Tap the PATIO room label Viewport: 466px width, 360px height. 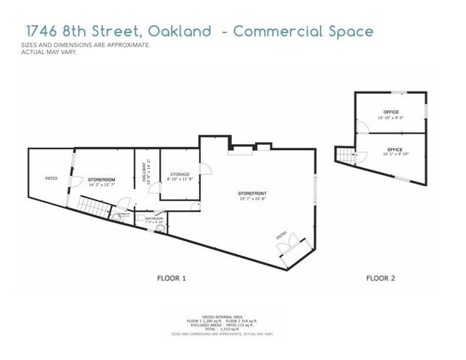point(52,178)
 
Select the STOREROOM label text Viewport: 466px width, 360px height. point(101,181)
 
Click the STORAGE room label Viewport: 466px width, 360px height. point(179,174)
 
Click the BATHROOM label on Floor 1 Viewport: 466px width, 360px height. point(143,218)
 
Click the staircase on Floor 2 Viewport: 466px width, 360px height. point(344,156)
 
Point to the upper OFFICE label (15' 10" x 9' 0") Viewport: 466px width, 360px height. point(391,112)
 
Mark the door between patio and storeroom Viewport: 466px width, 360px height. point(74,180)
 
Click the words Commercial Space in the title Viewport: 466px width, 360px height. point(302,31)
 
